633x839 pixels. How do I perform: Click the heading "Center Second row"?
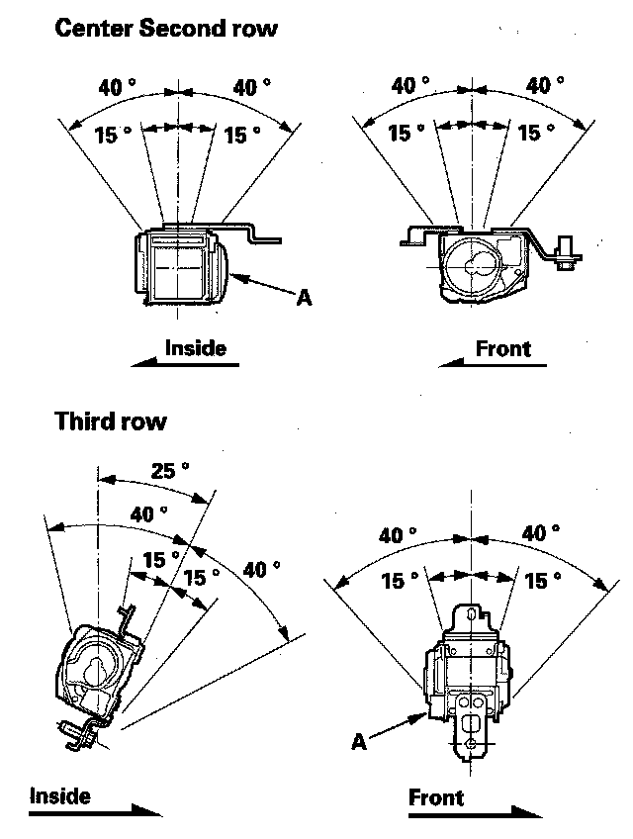166,28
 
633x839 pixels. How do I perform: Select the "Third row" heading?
111,421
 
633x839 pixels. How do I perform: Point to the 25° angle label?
170,470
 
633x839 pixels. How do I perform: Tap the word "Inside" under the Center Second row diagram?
195,348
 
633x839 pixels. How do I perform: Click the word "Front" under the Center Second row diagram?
503,349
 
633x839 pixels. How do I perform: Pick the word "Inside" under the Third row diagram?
60,795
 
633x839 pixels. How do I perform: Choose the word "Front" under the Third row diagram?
436,797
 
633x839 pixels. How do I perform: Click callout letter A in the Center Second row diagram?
304,297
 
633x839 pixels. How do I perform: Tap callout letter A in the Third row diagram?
359,742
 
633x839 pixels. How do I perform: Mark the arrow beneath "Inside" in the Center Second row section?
185,363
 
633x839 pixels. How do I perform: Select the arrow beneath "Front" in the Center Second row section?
493,363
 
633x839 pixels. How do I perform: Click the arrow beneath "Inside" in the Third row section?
95,811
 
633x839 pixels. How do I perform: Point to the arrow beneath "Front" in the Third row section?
475,813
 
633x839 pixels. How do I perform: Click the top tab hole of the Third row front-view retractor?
471,613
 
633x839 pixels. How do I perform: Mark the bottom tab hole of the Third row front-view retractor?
471,744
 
